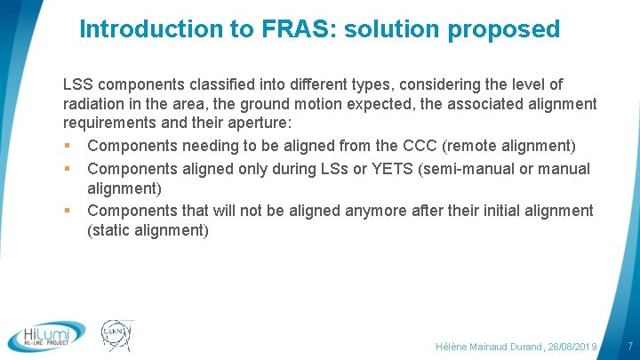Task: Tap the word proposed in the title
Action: coord(504,29)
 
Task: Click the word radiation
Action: coord(96,104)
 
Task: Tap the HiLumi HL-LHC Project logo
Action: coord(47,335)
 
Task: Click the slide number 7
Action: coord(629,344)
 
